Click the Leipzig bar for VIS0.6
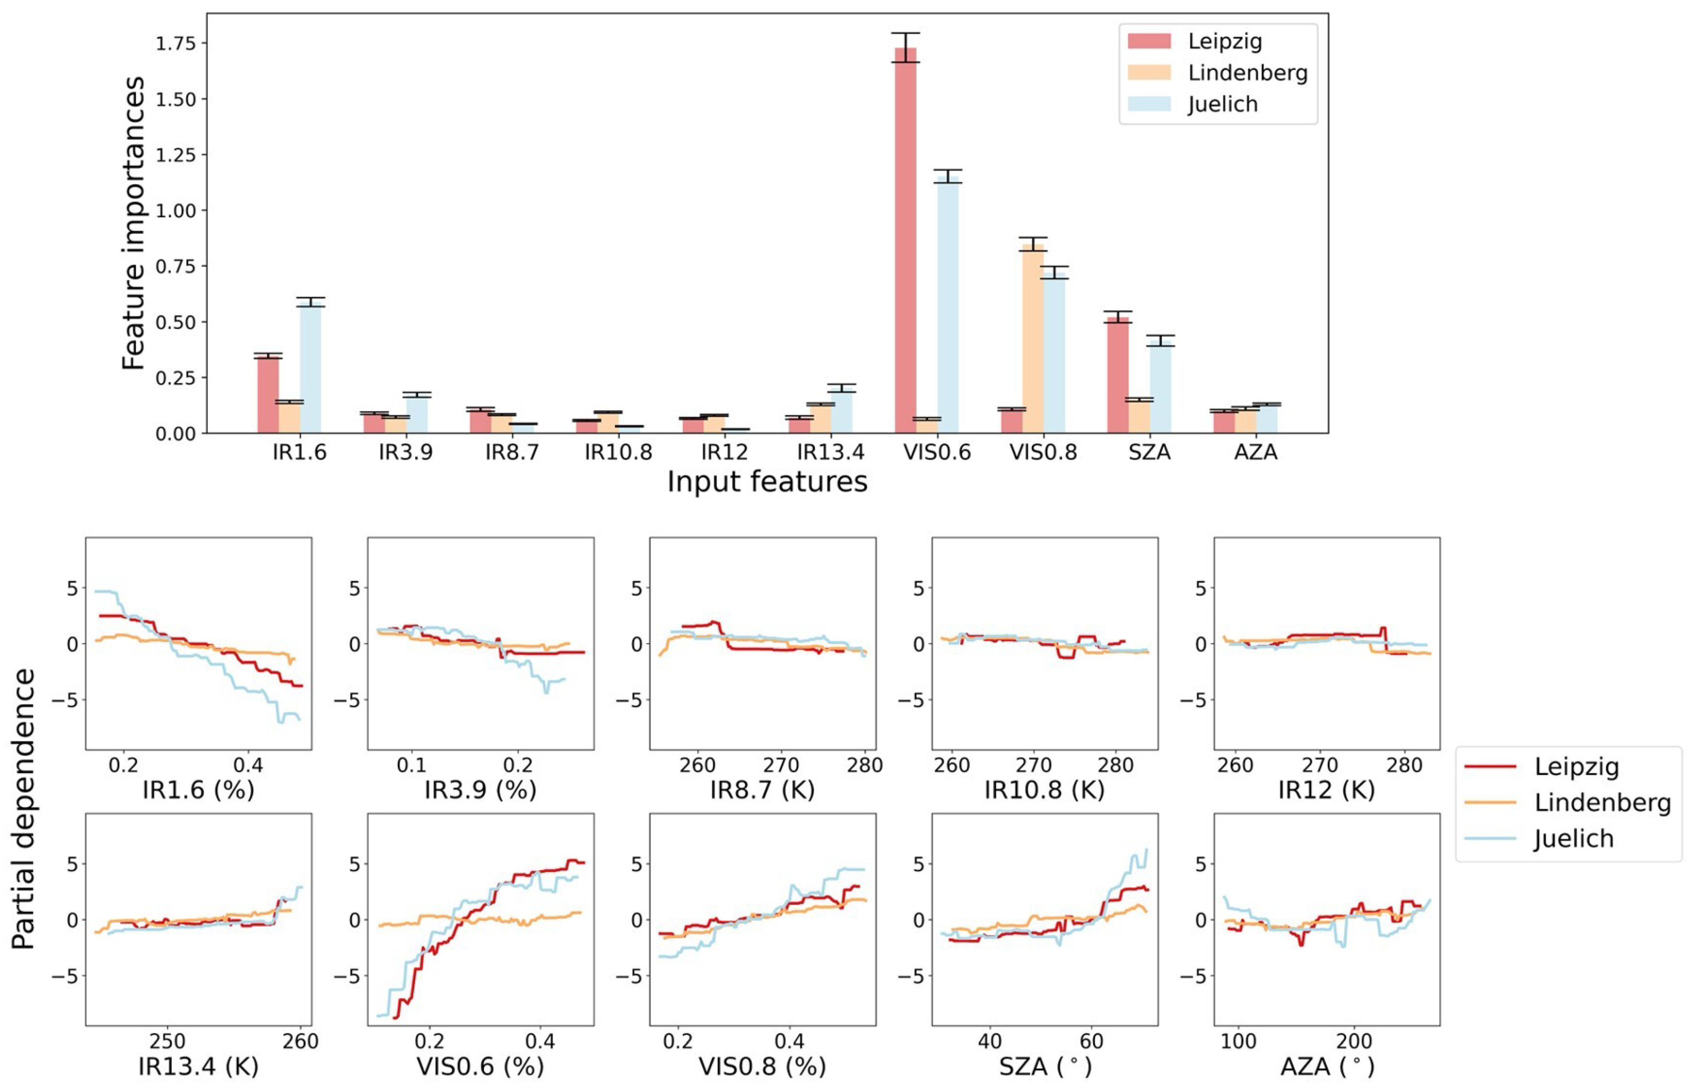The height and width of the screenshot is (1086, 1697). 905,240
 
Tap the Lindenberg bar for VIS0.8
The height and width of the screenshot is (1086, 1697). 1033,339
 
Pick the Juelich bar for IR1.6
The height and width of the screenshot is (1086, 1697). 310,367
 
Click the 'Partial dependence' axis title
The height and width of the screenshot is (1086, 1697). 23,809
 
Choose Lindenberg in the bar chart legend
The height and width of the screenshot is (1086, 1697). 1246,73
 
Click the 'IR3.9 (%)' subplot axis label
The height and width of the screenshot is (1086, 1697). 480,790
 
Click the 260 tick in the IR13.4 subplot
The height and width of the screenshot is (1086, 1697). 300,1041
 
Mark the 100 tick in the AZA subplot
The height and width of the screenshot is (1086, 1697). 1238,1041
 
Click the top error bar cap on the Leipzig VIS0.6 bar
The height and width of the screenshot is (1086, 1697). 905,33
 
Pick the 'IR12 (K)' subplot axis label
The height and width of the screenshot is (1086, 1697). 1326,790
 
